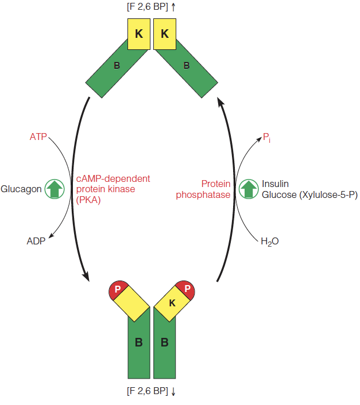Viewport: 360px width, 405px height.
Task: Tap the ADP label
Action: (36, 240)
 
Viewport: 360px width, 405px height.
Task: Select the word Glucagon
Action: (21, 189)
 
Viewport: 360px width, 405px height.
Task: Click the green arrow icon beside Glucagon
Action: (55, 189)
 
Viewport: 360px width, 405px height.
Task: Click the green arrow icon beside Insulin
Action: (249, 189)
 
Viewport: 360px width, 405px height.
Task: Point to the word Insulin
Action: (276, 184)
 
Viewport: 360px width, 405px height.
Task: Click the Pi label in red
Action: (266, 137)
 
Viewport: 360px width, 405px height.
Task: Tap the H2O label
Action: (269, 242)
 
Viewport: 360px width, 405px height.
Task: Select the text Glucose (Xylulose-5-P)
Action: (309, 195)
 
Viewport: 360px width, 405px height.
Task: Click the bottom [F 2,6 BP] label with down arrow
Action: (151, 391)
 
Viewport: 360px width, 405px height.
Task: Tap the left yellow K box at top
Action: (138, 34)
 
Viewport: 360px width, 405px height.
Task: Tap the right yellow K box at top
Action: (165, 34)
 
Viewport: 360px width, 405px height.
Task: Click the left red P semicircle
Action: (117, 289)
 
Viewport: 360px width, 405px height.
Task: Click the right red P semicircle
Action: (187, 289)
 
